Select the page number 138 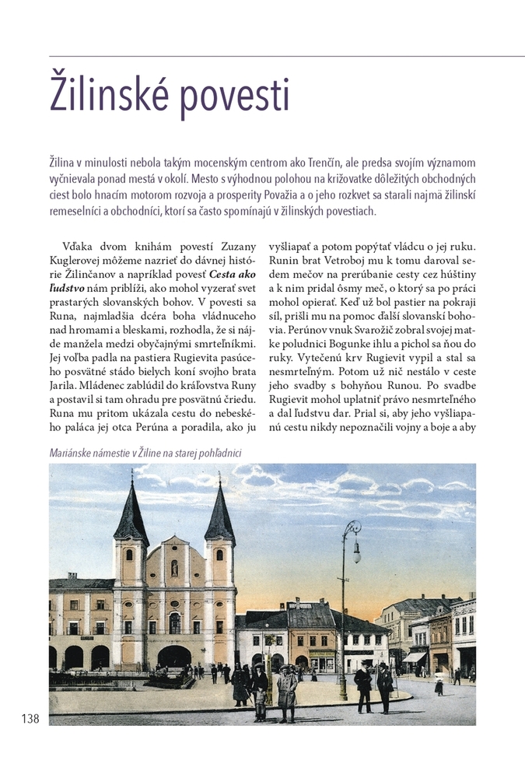click(x=30, y=718)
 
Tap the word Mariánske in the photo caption click(x=75, y=454)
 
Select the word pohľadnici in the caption click(x=218, y=454)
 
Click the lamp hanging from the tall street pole click(x=356, y=553)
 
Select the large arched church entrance click(x=173, y=656)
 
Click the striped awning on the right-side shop click(x=414, y=657)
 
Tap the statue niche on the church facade click(x=175, y=569)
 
